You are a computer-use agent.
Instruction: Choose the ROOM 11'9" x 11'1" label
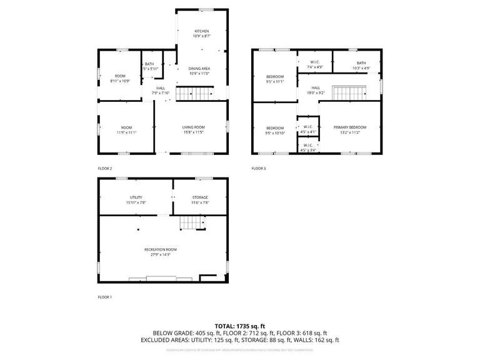(x=127, y=129)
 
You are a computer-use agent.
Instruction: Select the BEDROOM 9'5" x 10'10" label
(x=275, y=129)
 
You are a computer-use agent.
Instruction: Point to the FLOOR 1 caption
(x=105, y=297)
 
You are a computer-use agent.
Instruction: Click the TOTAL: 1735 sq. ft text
(x=240, y=326)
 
